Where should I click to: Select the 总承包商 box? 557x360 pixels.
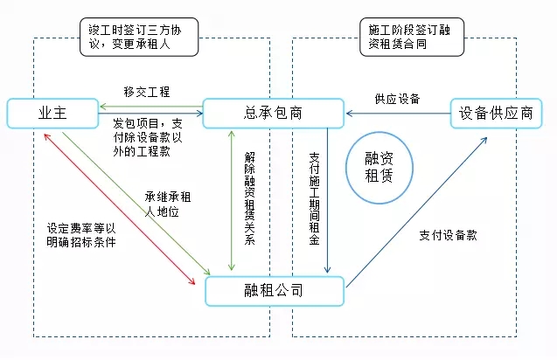(x=273, y=112)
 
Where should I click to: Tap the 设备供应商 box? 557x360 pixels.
(x=497, y=112)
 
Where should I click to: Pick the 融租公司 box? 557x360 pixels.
(x=274, y=290)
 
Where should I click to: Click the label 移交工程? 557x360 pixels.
(x=146, y=91)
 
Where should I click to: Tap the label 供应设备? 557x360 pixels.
(x=398, y=99)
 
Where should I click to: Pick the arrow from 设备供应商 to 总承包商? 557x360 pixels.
(x=398, y=113)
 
